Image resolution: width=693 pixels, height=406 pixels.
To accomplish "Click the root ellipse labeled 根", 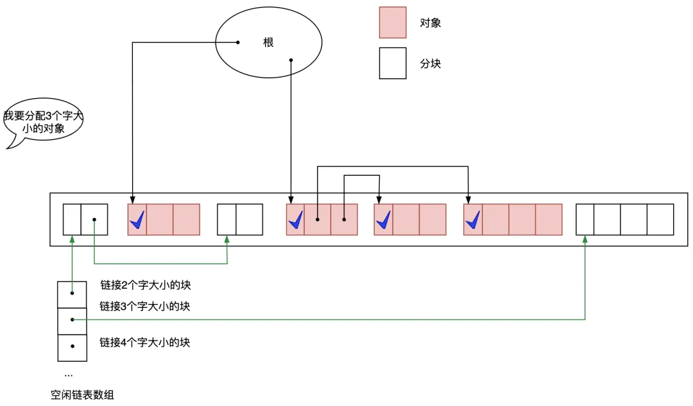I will [268, 43].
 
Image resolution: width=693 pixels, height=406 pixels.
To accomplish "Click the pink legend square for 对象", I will [392, 22].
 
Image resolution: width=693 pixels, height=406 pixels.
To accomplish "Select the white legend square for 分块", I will [392, 63].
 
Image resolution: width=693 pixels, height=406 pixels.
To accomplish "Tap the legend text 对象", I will [431, 23].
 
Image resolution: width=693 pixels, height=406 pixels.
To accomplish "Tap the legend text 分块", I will [431, 64].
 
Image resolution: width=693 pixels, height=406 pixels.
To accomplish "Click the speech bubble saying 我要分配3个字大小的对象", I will [43, 122].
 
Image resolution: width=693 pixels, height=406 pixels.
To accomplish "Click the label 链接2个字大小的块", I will [145, 285].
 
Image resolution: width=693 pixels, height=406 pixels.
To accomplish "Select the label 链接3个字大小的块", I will [145, 307].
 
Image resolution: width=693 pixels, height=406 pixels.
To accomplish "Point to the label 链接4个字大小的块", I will [145, 343].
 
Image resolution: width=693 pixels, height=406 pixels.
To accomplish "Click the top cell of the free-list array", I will [71, 294].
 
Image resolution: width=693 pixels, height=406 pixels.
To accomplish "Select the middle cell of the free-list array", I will [71, 321].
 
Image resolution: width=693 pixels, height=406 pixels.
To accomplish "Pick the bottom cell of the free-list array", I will [71, 348].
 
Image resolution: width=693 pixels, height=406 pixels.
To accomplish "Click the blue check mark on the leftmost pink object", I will [137, 221].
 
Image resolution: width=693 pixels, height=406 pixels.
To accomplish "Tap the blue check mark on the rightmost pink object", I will [473, 221].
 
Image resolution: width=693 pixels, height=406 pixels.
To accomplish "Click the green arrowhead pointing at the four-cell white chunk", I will [585, 239].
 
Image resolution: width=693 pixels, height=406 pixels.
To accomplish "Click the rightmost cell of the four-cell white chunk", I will [660, 219].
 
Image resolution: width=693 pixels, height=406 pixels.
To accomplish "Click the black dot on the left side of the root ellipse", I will [238, 43].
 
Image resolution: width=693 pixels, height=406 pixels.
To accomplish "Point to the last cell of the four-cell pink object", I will [549, 219].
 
